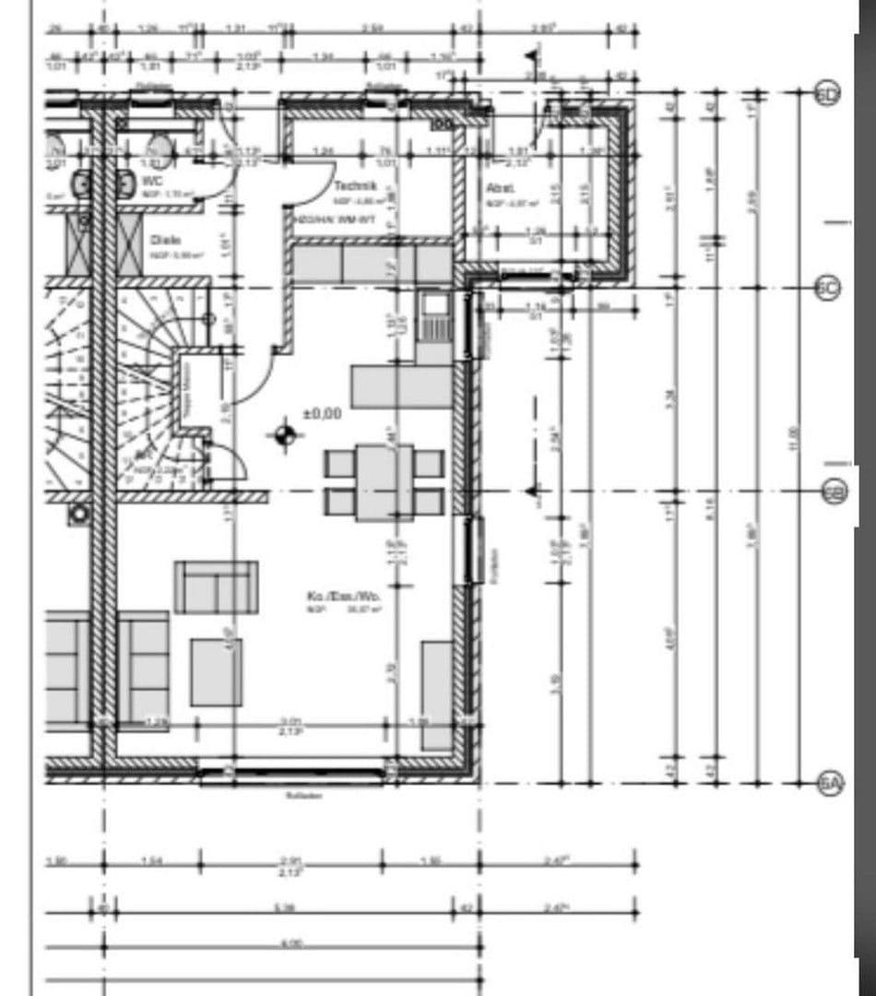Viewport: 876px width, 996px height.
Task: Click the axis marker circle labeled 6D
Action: click(x=828, y=93)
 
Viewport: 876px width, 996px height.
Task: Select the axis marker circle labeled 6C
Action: click(x=828, y=288)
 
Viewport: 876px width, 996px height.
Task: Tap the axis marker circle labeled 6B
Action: click(x=833, y=492)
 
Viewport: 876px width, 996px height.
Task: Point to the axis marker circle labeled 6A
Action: click(x=830, y=784)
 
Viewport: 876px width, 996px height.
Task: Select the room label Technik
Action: click(x=352, y=184)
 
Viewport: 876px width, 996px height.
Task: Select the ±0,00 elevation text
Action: click(x=322, y=414)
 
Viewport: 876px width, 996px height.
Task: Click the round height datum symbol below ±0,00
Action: click(x=285, y=434)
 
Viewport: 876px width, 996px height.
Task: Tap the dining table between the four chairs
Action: click(x=384, y=481)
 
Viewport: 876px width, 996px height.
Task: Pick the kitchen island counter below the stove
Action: click(x=401, y=386)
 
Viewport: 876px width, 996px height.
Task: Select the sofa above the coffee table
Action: click(x=216, y=587)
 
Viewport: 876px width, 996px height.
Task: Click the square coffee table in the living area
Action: click(x=217, y=672)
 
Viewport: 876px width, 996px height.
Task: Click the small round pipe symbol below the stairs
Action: click(x=80, y=515)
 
